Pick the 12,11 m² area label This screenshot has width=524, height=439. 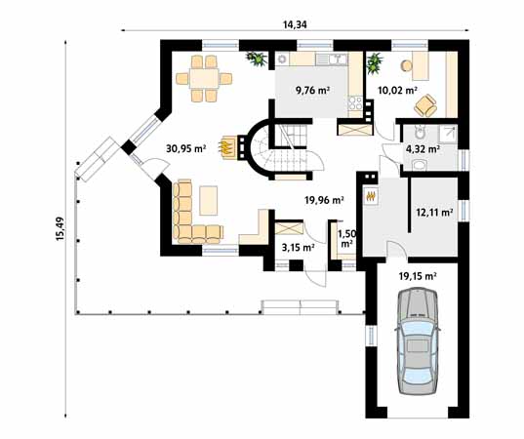click(x=433, y=211)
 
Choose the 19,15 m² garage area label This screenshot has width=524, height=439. click(x=417, y=276)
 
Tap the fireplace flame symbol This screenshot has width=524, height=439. click(x=228, y=147)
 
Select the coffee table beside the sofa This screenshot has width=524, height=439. click(x=210, y=200)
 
